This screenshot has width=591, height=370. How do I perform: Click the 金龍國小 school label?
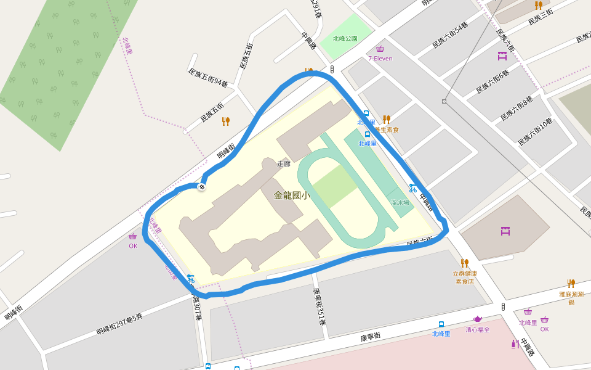click(x=291, y=195)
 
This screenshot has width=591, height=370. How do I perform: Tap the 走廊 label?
click(x=283, y=164)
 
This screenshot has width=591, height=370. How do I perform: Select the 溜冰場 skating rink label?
click(x=400, y=202)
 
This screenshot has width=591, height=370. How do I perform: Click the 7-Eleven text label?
click(x=380, y=59)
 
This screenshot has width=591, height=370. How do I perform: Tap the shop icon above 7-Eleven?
click(x=380, y=49)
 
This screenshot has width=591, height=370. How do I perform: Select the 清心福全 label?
click(x=477, y=329)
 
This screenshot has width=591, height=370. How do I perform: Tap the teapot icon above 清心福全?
click(x=477, y=319)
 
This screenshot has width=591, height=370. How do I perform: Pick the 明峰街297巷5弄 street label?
click(x=119, y=324)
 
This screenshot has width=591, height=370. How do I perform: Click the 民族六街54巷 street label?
click(x=449, y=35)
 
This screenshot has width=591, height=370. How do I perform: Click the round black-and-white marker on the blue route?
click(x=201, y=186)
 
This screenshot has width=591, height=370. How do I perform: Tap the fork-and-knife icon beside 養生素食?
click(x=386, y=119)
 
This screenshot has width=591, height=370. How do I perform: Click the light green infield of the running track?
click(x=334, y=186)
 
